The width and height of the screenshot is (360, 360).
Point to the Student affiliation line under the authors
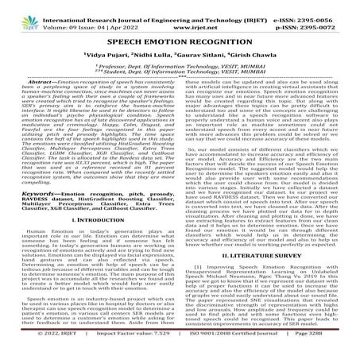180,75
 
